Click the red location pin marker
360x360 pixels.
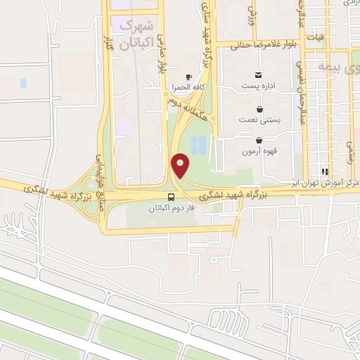click(181, 166)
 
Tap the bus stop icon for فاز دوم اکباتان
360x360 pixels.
click(172, 197)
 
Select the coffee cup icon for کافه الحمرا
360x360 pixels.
click(188, 77)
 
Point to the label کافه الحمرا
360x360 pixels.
click(186, 88)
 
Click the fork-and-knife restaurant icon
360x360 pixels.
click(324, 171)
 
